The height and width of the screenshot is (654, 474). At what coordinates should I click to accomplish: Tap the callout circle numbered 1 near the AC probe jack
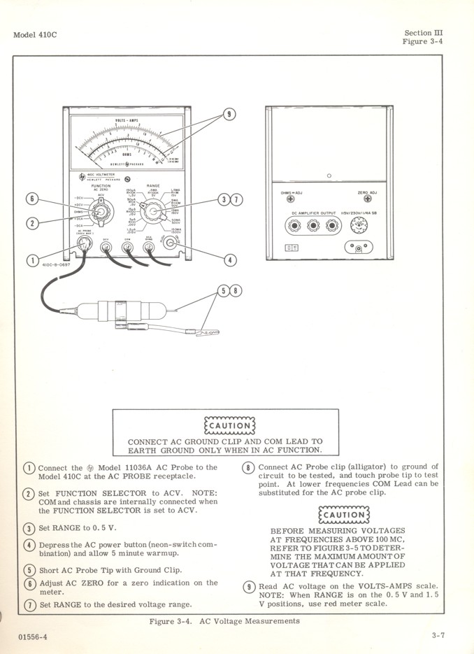pyautogui.click(x=31, y=262)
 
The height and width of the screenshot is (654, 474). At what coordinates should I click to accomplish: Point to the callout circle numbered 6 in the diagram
pyautogui.click(x=31, y=199)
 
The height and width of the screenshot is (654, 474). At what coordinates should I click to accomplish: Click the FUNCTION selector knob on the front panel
pyautogui.click(x=101, y=211)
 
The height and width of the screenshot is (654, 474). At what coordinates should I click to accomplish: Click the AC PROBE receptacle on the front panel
pyautogui.click(x=85, y=246)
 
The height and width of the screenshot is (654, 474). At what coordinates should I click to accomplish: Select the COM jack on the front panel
pyautogui.click(x=127, y=246)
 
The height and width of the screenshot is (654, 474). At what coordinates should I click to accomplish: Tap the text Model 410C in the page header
pyautogui.click(x=35, y=35)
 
